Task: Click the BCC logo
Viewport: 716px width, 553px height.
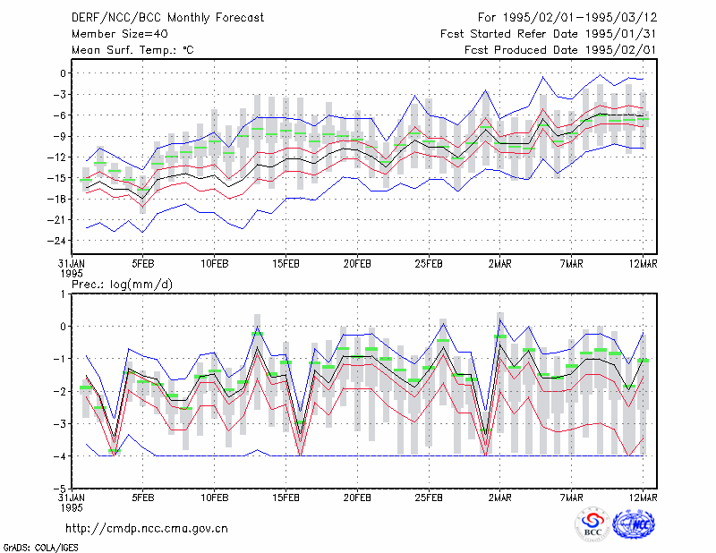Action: point(592,524)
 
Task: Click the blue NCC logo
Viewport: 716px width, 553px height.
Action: point(634,524)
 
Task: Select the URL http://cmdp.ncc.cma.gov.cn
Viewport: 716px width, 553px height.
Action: point(147,529)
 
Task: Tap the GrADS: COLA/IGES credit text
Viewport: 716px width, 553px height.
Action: point(40,548)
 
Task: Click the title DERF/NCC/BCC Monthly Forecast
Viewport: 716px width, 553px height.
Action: point(167,18)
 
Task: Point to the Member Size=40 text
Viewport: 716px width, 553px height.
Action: point(120,34)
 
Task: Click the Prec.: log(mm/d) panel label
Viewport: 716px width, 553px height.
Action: point(122,285)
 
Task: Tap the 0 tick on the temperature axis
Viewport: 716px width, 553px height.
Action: point(63,73)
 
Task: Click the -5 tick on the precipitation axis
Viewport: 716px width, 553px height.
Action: point(60,489)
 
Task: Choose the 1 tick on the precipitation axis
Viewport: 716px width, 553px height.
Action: point(63,294)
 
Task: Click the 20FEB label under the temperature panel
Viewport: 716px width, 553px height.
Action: point(357,264)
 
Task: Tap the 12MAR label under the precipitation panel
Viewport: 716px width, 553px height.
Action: point(643,498)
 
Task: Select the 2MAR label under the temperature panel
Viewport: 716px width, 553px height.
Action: point(500,264)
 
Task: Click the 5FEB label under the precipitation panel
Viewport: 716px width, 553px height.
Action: point(143,498)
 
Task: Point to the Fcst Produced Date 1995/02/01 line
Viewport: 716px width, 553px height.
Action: point(560,50)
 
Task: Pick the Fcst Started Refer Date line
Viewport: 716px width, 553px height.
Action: point(549,34)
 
